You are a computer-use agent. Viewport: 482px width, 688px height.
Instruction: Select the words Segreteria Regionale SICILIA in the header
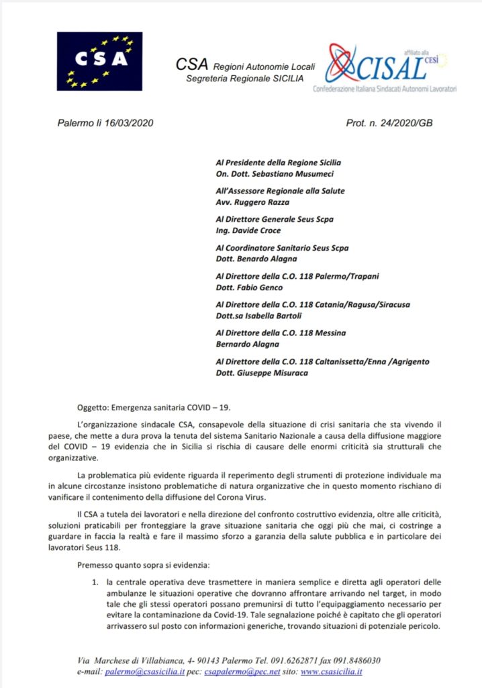point(244,79)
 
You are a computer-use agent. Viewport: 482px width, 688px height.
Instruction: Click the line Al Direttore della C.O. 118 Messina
point(281,333)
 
